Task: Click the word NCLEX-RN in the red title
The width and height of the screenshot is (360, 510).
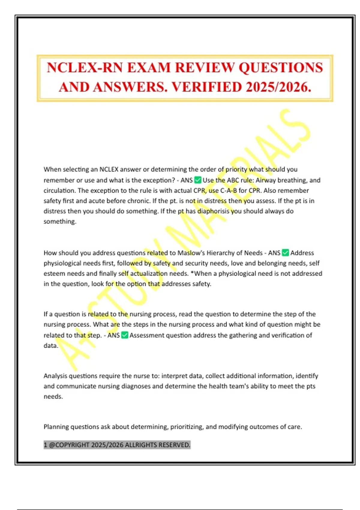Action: point(85,67)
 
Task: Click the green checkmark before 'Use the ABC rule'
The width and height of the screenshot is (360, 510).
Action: point(198,180)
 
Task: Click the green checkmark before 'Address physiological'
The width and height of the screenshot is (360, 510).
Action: point(286,253)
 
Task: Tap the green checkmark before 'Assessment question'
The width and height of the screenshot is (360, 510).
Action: point(125,335)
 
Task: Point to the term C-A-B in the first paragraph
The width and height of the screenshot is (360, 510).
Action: point(229,190)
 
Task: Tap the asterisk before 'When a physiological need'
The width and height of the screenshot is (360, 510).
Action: point(192,273)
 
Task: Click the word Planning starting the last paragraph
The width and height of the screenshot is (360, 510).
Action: point(56,427)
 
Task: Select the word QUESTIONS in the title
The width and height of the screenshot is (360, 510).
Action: point(281,67)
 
